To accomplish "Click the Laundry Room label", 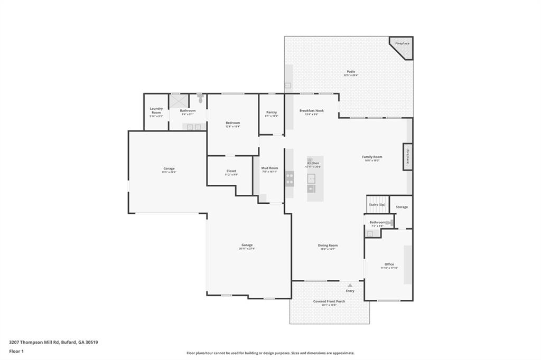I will click(x=156, y=110).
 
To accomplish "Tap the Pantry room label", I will click(x=272, y=112).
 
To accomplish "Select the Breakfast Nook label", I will click(x=311, y=111).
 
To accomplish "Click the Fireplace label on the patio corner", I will click(x=402, y=43).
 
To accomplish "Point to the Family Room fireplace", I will click(x=407, y=157).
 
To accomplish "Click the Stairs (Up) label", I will click(x=377, y=204).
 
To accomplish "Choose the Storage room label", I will click(x=402, y=207).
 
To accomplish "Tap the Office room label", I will click(x=389, y=264).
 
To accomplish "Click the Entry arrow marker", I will click(x=350, y=285).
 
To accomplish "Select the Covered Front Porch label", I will click(x=329, y=301).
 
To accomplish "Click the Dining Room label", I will click(x=328, y=245).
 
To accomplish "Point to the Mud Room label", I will click(x=269, y=168).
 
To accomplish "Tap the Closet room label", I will click(x=231, y=171).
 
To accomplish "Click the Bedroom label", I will click(x=232, y=123).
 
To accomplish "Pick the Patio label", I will click(x=351, y=72).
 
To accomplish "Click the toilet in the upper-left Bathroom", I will click(x=200, y=98).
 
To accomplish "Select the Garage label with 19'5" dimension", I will click(x=169, y=169).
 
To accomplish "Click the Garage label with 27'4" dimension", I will click(x=247, y=245).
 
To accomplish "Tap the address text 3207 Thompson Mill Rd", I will click(x=53, y=342).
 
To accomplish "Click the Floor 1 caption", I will click(x=17, y=350).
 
